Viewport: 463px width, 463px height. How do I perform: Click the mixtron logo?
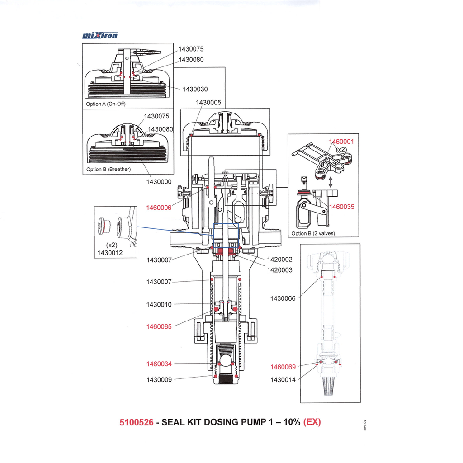pos(100,35)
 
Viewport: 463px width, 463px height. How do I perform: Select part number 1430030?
pos(195,89)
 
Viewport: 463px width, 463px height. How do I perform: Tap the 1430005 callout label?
pos(208,103)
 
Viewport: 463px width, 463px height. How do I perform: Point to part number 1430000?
pos(159,181)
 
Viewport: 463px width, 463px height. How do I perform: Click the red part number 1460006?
pos(159,208)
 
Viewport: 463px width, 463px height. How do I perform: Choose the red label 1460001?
pos(341,142)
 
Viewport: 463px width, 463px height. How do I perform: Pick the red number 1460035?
pos(341,207)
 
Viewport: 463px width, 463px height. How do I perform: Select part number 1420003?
pos(279,270)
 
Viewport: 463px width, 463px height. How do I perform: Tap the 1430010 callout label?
pos(159,305)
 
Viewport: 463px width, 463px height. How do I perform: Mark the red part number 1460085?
pos(159,326)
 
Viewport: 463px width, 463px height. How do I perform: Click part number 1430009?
pos(159,380)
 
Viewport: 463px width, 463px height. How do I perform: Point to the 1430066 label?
pos(283,298)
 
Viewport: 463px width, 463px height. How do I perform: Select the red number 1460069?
pos(283,367)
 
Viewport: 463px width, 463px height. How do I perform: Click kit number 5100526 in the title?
pos(136,422)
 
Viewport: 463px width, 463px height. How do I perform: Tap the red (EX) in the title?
pos(312,422)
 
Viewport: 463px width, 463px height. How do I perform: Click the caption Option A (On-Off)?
pos(106,104)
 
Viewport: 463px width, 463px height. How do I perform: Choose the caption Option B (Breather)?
pos(109,170)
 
